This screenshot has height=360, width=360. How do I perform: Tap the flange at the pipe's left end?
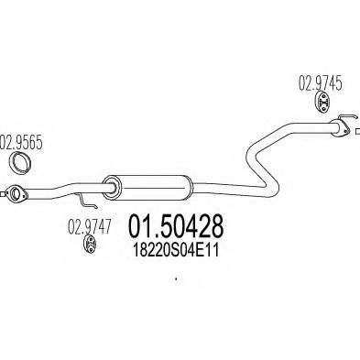click(14, 193)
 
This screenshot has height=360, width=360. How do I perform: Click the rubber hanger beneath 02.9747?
click(91, 245)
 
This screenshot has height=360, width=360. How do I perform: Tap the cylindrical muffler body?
click(148, 187)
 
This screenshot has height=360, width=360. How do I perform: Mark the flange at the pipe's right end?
click(339, 129)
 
